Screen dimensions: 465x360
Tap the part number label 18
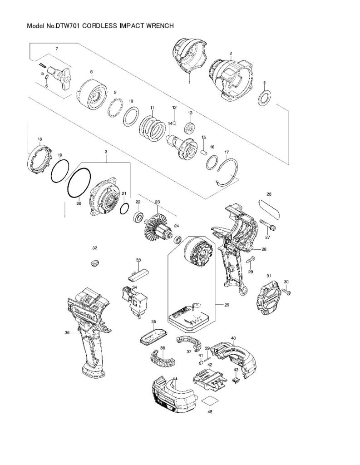point(40,139)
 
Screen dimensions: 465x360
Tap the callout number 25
point(227,305)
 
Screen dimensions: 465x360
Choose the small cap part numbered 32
point(94,263)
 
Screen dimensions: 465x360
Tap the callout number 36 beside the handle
point(67,333)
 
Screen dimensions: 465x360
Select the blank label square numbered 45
point(210,401)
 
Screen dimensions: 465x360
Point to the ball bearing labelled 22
point(138,216)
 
